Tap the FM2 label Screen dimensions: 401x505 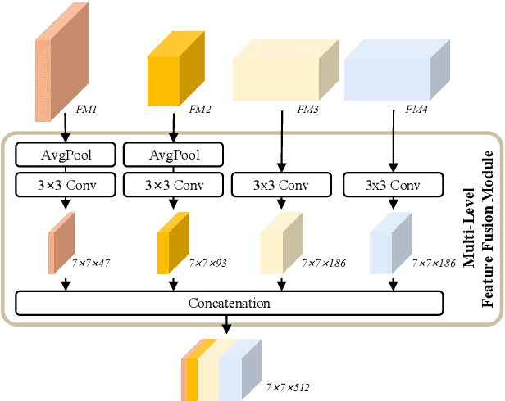(x=200, y=107)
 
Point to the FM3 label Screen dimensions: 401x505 (x=308, y=107)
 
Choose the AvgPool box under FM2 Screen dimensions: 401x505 (x=172, y=153)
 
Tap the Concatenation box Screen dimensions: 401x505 (x=230, y=303)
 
